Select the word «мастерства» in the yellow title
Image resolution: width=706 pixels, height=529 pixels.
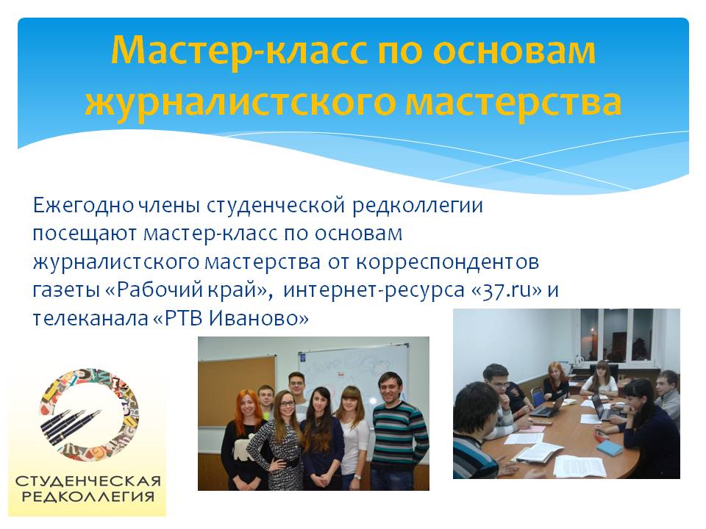(514, 102)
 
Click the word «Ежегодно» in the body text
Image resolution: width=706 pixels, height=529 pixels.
(83, 206)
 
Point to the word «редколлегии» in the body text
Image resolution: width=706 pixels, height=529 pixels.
(418, 206)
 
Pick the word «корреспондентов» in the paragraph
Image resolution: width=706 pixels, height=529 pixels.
(447, 263)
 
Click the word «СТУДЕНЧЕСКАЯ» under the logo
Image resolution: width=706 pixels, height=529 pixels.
(88, 481)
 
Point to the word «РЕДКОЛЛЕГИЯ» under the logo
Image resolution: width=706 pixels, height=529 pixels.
(88, 497)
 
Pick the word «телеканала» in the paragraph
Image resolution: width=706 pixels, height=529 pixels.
(89, 318)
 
